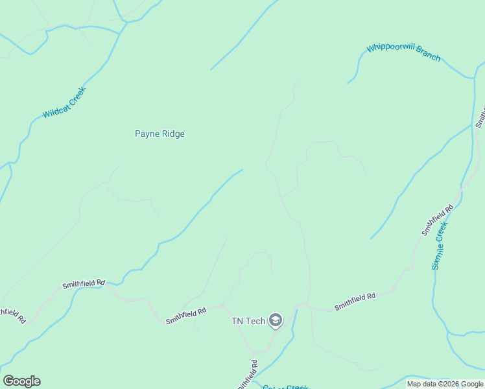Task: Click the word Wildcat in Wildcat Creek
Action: (54, 111)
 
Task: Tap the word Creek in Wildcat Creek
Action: (76, 95)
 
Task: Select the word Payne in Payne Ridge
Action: (147, 134)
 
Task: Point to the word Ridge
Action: (172, 134)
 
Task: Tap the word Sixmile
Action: (436, 257)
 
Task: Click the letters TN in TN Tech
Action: (238, 321)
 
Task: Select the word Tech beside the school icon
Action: (257, 321)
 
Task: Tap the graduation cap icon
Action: (276, 320)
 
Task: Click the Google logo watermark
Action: (21, 381)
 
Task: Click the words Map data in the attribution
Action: (423, 384)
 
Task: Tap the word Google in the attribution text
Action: (471, 384)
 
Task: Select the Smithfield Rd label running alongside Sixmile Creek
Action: (438, 220)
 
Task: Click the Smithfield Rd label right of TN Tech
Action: (355, 301)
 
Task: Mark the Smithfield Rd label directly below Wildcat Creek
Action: (83, 284)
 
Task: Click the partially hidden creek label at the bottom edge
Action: (285, 387)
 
